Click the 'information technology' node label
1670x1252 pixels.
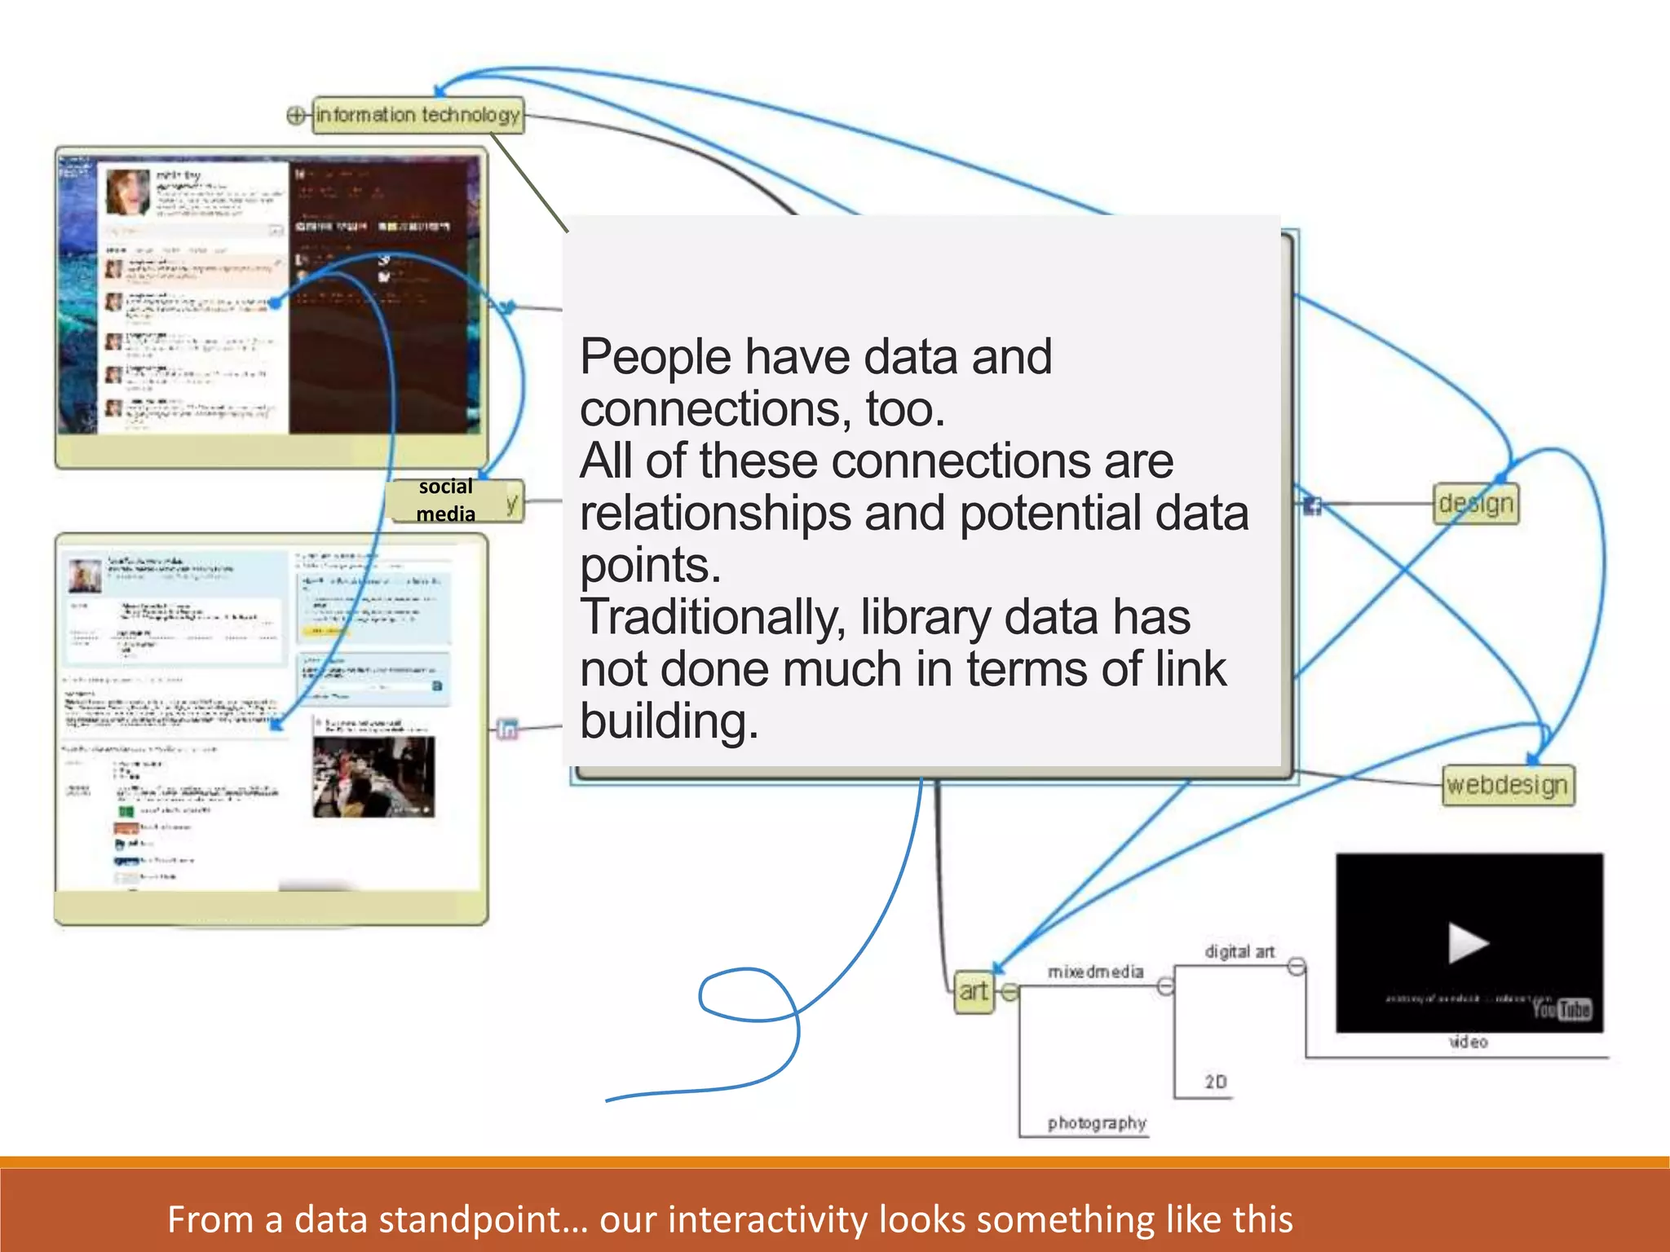pos(417,115)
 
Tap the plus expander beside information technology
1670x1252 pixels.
pos(296,115)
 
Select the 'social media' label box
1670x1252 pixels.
pos(446,500)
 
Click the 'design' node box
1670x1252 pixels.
pos(1476,504)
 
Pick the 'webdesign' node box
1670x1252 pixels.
pos(1507,785)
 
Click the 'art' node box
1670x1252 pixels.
pos(974,991)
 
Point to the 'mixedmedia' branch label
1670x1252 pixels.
pos(1095,972)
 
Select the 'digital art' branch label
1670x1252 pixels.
pos(1239,951)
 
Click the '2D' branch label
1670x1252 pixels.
pos(1215,1082)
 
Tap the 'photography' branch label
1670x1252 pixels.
pos(1097,1123)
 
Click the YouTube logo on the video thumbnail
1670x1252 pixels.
pos(1562,1010)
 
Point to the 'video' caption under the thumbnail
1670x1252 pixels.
pos(1468,1042)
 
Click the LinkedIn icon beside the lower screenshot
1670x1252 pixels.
pos(507,729)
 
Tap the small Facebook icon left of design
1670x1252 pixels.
pos(1312,505)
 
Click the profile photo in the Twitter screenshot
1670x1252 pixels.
pos(128,192)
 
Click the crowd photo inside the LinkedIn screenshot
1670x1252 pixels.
pos(373,777)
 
